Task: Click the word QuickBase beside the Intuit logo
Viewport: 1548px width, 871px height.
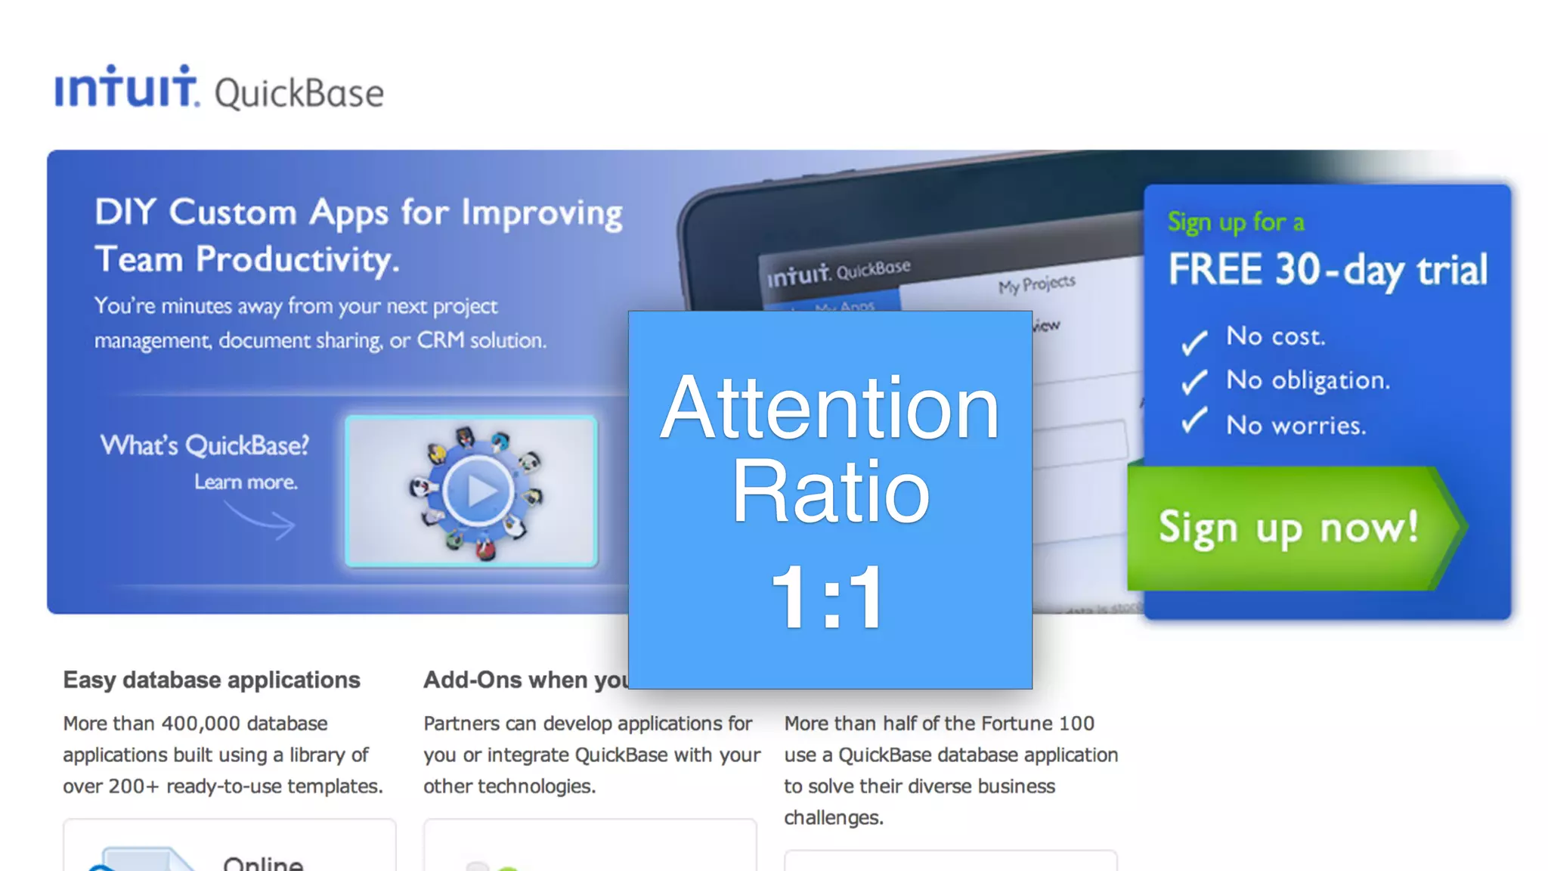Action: pyautogui.click(x=299, y=94)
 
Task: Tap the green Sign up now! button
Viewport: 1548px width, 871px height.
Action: pyautogui.click(x=1289, y=528)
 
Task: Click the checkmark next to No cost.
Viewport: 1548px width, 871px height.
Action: pyautogui.click(x=1194, y=342)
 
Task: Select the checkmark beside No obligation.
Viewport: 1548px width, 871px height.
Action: pyautogui.click(x=1194, y=382)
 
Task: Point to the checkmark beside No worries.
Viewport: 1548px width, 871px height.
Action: pyautogui.click(x=1194, y=420)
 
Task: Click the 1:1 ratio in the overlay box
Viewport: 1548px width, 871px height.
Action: pyautogui.click(x=828, y=597)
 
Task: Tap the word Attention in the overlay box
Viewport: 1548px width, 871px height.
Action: pyautogui.click(x=830, y=408)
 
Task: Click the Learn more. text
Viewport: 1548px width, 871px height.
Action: pyautogui.click(x=246, y=482)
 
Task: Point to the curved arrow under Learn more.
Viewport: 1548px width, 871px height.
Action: pyautogui.click(x=262, y=520)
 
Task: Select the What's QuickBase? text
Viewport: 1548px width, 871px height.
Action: pyautogui.click(x=205, y=445)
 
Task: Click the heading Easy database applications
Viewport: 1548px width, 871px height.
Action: pyautogui.click(x=212, y=680)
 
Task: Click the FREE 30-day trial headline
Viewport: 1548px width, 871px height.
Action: pyautogui.click(x=1327, y=270)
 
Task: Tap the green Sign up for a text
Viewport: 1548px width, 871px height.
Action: pyautogui.click(x=1236, y=222)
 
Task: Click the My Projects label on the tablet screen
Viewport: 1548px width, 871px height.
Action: pyautogui.click(x=1036, y=285)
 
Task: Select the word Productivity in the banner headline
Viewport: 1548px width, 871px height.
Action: pyautogui.click(x=297, y=260)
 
